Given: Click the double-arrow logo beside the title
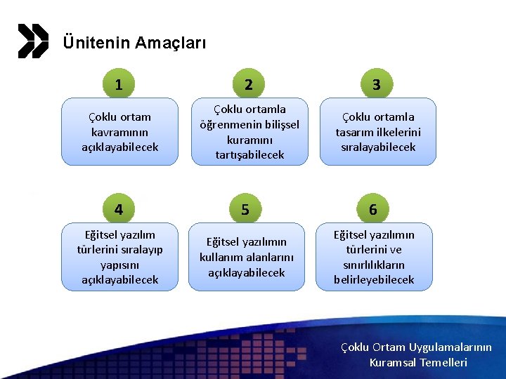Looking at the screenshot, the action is point(33,41).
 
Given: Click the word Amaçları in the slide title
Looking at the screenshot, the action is point(171,43).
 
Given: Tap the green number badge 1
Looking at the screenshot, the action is point(119,85).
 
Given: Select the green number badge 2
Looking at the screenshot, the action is point(248,85).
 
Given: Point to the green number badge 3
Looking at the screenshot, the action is point(377,85).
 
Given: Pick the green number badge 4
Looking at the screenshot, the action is point(119,209).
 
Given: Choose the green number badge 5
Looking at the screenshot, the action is point(245,209).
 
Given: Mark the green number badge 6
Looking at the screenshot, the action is point(373,209).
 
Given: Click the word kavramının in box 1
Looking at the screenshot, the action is point(119,132).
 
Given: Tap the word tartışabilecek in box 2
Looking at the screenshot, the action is point(249,154).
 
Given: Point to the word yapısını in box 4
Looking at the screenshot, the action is point(119,265).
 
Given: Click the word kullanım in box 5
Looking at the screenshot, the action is point(220,257).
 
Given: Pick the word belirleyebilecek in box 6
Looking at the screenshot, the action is point(374,280).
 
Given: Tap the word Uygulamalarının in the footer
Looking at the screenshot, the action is point(452,347).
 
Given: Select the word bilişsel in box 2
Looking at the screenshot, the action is point(277,124).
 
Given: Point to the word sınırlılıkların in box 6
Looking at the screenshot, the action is point(374,265).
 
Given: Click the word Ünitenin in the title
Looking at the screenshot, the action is point(96,43).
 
